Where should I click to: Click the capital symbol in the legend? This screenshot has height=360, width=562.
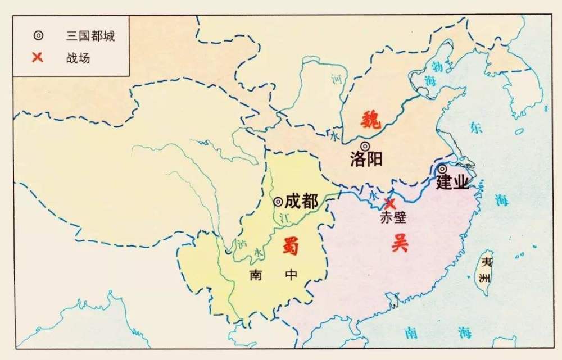pos(38,35)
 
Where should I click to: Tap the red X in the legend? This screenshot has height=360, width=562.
pos(38,57)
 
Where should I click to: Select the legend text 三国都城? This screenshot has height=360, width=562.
pos(90,35)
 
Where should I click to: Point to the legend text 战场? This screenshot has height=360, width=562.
pos(78,57)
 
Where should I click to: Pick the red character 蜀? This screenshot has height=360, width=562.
pos(291,245)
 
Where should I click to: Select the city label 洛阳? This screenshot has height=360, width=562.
pos(366,160)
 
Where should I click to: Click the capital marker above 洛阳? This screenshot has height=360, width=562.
pos(365,146)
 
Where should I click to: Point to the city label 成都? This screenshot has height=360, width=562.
pos(301,201)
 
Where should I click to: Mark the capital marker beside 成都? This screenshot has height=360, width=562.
pos(278,201)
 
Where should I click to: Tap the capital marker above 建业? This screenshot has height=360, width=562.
pos(443,168)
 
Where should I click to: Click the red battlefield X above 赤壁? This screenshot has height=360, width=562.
pos(389,203)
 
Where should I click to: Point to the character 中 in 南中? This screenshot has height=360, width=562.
pos(291,275)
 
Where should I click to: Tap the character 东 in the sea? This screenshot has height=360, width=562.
pos(476,127)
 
